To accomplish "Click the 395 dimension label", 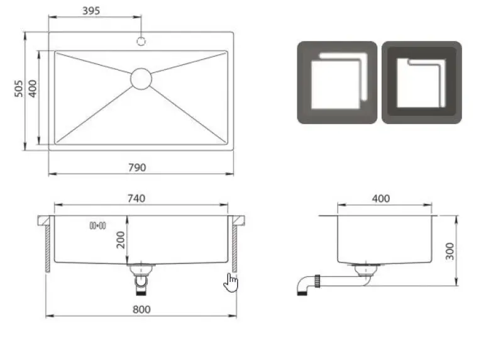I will [x=91, y=11].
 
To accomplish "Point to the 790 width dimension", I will [x=136, y=167].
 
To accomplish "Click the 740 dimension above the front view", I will [x=136, y=198].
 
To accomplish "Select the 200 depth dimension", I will [x=121, y=239].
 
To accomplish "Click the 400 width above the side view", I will [x=381, y=198].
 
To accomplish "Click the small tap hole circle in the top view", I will [x=141, y=42].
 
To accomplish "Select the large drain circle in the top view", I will [x=141, y=78].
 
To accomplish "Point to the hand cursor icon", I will [x=231, y=283].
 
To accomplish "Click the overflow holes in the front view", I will [x=97, y=225].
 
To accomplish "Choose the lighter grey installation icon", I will [x=337, y=82].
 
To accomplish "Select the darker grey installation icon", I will [x=421, y=82].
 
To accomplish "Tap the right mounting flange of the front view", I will [x=239, y=220].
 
